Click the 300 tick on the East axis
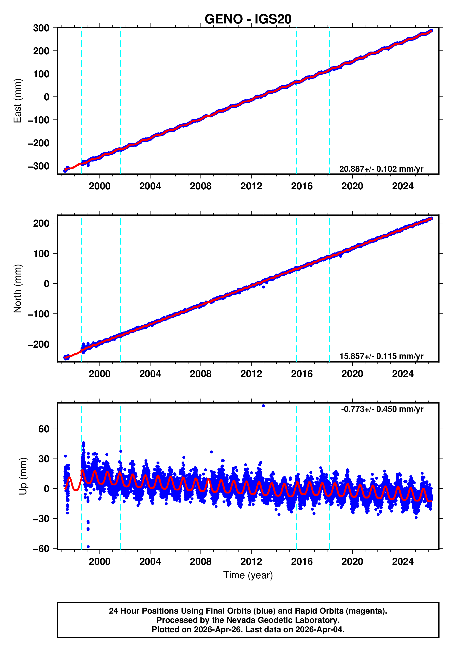(41, 28)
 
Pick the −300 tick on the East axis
(38, 166)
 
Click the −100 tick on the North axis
(38, 314)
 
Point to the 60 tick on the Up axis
(44, 429)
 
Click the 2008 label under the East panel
(200, 186)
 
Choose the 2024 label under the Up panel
(403, 562)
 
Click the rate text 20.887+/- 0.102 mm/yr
(381, 169)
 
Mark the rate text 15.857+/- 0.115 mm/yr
(381, 356)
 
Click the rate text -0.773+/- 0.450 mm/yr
(382, 409)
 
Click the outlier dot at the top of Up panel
(263, 406)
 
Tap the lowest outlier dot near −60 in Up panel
(88, 547)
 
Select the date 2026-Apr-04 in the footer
(319, 629)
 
